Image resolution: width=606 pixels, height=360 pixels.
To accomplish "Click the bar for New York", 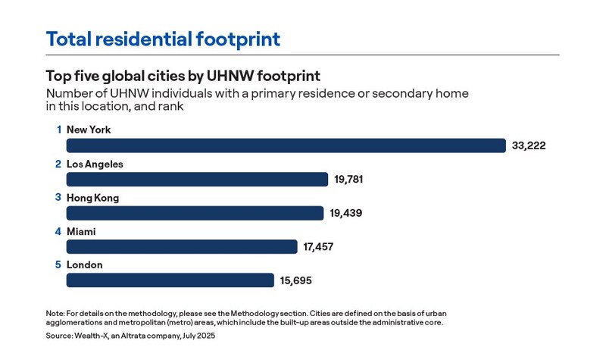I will pos(286,146).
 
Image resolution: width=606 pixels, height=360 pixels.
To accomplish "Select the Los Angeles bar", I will pos(197,180).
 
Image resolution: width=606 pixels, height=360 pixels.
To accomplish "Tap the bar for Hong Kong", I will pos(195,213).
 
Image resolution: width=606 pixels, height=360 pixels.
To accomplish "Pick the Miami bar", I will pos(182,247).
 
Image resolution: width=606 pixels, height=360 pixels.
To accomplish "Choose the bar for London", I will pos(170,280).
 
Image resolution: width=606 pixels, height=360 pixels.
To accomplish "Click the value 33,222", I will pos(529,146).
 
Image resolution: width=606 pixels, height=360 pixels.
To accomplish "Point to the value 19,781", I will pos(352,180).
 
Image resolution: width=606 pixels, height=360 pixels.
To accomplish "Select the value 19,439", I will pos(345,213).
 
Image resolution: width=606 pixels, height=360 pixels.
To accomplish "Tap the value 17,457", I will pos(318,247).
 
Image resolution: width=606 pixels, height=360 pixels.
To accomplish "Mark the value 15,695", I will pos(295,280).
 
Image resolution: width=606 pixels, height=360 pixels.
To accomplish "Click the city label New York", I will pos(89,130).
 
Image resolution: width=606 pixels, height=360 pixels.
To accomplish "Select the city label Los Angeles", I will pos(95,164).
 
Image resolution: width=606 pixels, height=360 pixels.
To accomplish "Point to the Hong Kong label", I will pos(92,198).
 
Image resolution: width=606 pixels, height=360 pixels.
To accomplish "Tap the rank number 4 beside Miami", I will pos(58,231).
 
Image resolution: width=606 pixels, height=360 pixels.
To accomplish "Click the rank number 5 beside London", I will pos(58,265).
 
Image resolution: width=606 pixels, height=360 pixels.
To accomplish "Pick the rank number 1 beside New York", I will pos(58,130).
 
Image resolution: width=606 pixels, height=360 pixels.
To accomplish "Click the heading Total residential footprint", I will pos(163,39).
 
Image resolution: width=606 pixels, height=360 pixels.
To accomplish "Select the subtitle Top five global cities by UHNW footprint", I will pos(183,76).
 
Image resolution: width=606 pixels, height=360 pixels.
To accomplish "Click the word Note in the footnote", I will pos(55,313).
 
